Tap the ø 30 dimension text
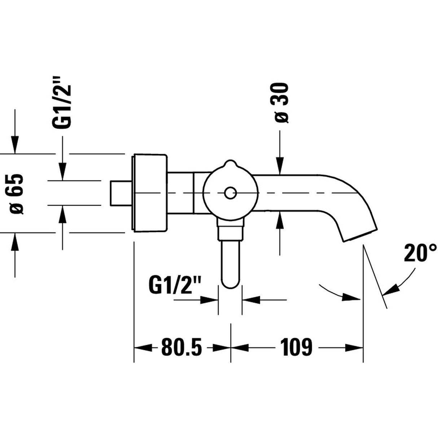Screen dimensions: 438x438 [281, 103]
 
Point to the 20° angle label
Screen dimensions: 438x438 [420, 253]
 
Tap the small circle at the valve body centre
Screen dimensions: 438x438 [229, 193]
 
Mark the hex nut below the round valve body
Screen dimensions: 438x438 [230, 231]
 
